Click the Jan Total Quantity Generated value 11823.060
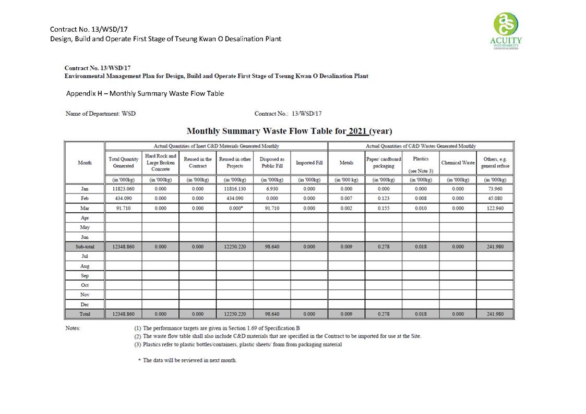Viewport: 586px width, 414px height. tap(123, 189)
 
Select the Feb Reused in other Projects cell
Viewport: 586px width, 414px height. tap(234, 198)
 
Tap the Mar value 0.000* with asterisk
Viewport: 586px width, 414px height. tap(234, 208)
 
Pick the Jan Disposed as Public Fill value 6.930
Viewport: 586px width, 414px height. tap(271, 189)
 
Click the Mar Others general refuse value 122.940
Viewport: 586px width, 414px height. tap(495, 208)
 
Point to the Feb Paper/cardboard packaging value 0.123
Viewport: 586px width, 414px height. tap(384, 198)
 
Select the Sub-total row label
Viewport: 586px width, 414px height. tap(85, 247)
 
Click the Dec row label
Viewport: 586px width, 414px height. tap(85, 305)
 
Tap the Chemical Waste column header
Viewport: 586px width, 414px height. tap(458, 163)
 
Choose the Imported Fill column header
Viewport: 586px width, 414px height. tap(309, 163)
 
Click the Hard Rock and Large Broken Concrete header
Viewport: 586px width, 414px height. tap(160, 163)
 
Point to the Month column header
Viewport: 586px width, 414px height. tap(85, 163)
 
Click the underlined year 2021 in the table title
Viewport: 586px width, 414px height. tap(358, 131)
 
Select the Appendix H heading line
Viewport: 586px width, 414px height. tap(145, 93)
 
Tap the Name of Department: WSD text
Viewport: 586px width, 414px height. tap(100, 114)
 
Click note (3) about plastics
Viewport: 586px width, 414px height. tap(238, 345)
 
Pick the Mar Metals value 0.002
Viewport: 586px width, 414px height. tap(346, 208)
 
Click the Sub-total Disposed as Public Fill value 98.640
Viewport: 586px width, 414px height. tap(271, 247)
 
